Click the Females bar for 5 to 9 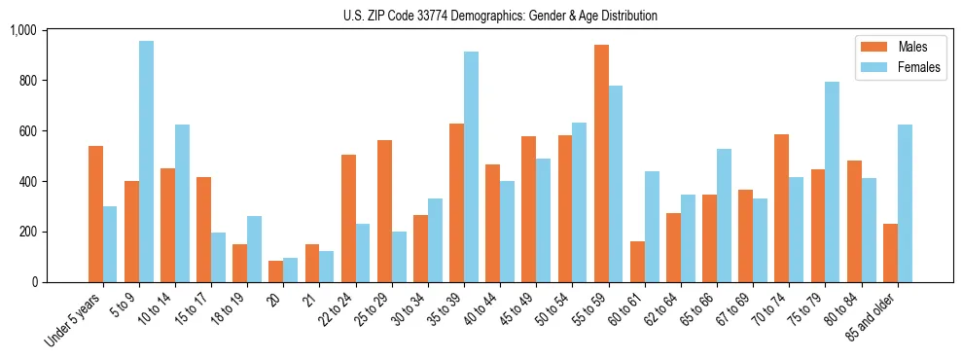146,162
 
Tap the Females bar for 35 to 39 471,166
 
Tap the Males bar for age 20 276,271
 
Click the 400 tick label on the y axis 54,181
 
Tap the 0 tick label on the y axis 60,282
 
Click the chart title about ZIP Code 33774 500,16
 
